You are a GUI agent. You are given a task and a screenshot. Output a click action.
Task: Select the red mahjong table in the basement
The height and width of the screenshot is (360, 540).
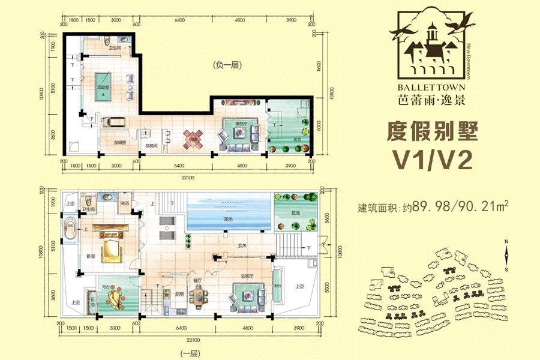(x=194, y=139)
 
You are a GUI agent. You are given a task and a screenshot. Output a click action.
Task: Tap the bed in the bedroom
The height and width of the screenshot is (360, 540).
(x=110, y=246)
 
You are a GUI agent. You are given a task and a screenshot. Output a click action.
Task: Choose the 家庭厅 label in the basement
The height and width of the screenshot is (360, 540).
(x=241, y=124)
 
